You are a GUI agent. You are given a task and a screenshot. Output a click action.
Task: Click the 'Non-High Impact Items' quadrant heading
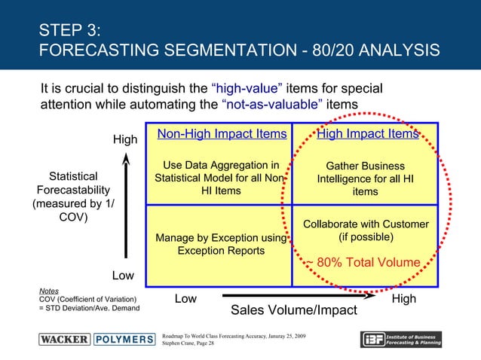coord(222,134)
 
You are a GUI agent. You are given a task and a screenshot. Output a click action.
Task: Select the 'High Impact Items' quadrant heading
coord(367,134)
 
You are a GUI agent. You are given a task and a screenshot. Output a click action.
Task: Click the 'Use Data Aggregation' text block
coord(221,178)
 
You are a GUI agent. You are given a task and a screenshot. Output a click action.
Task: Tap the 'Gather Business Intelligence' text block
coord(365,179)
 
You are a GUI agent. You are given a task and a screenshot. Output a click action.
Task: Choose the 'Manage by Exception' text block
coord(221,244)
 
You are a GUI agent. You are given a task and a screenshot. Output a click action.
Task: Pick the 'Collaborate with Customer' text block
coord(366,230)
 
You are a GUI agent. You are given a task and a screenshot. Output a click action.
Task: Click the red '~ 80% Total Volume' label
coord(361,262)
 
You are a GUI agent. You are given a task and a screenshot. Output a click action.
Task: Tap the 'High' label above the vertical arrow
coord(125,140)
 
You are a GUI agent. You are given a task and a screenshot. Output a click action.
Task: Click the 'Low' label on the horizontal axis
coord(186,299)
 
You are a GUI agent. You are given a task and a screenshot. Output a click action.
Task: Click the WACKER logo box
coord(65,339)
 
